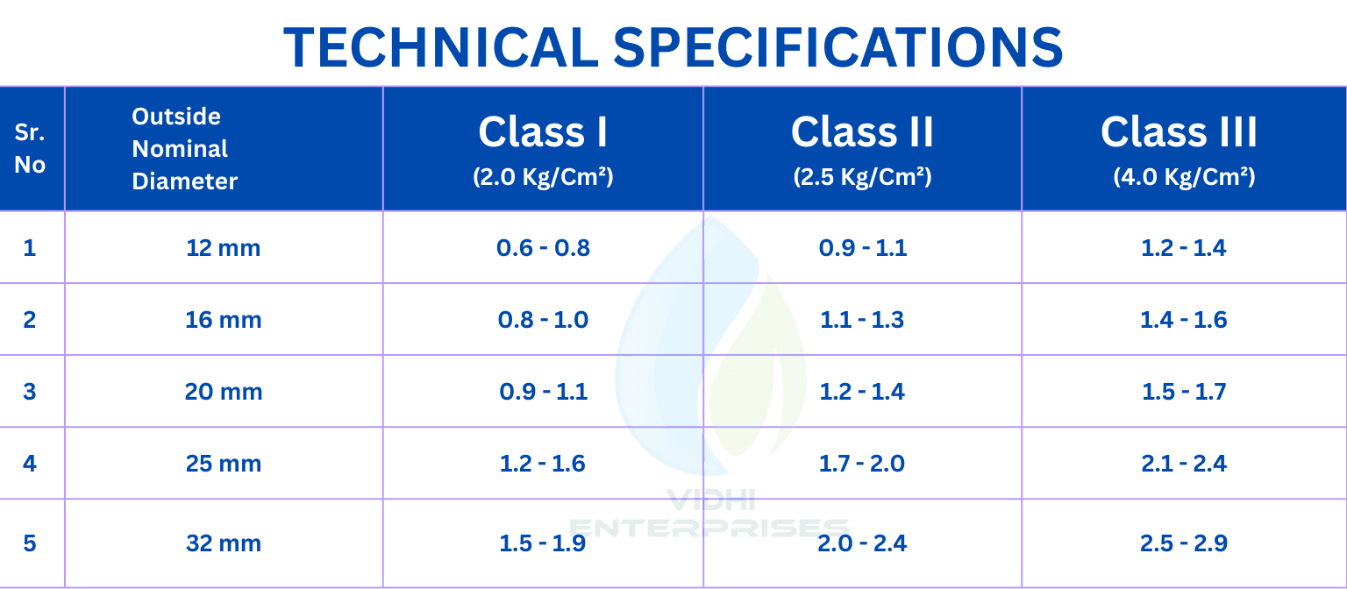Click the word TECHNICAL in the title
point(441,47)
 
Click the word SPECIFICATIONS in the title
point(838,47)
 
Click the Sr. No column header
point(30,148)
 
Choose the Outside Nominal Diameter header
point(185,148)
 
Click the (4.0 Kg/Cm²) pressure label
point(1184,177)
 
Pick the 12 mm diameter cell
point(223,248)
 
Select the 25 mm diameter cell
point(223,464)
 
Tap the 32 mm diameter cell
point(223,543)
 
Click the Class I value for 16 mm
point(543,320)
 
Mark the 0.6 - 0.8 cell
point(543,248)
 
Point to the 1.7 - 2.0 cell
point(862,464)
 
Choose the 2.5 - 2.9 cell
point(1183,543)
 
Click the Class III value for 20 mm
point(1183,392)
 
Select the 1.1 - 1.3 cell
point(862,320)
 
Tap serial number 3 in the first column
point(30,392)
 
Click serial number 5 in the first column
point(30,543)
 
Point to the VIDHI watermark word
point(711,500)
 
